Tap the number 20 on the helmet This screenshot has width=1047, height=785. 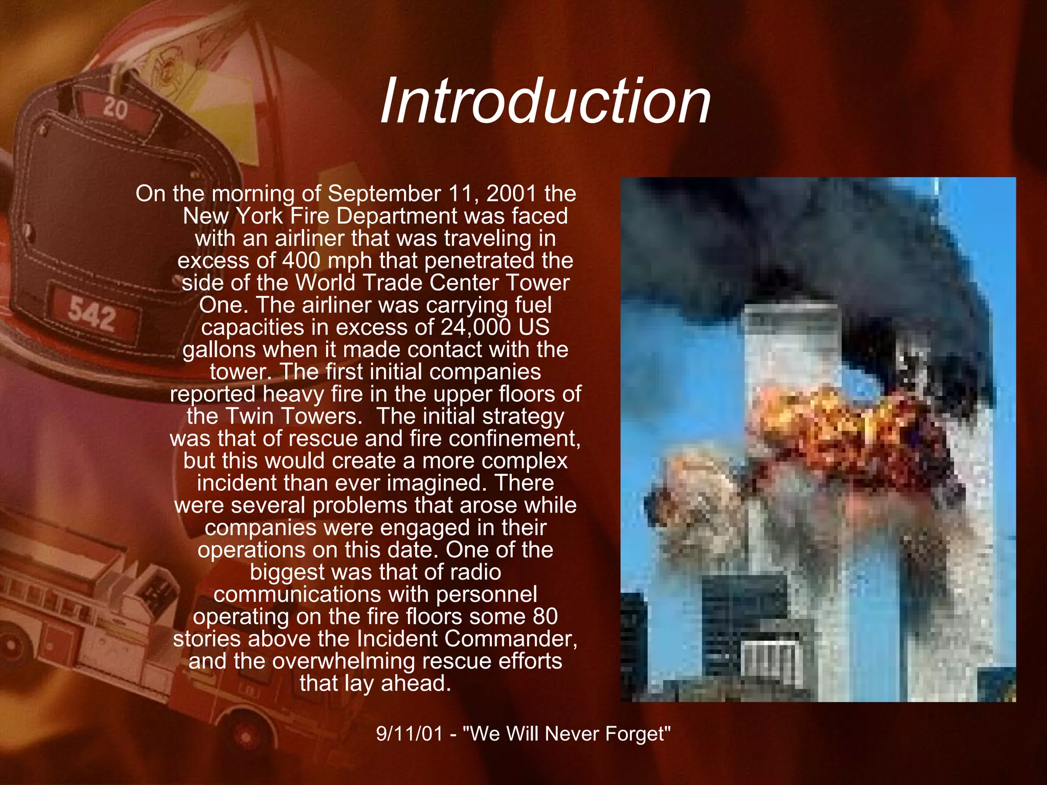[115, 109]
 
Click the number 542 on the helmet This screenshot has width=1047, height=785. [93, 314]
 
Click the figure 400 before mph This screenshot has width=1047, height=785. [302, 261]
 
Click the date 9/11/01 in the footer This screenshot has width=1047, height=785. [409, 734]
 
